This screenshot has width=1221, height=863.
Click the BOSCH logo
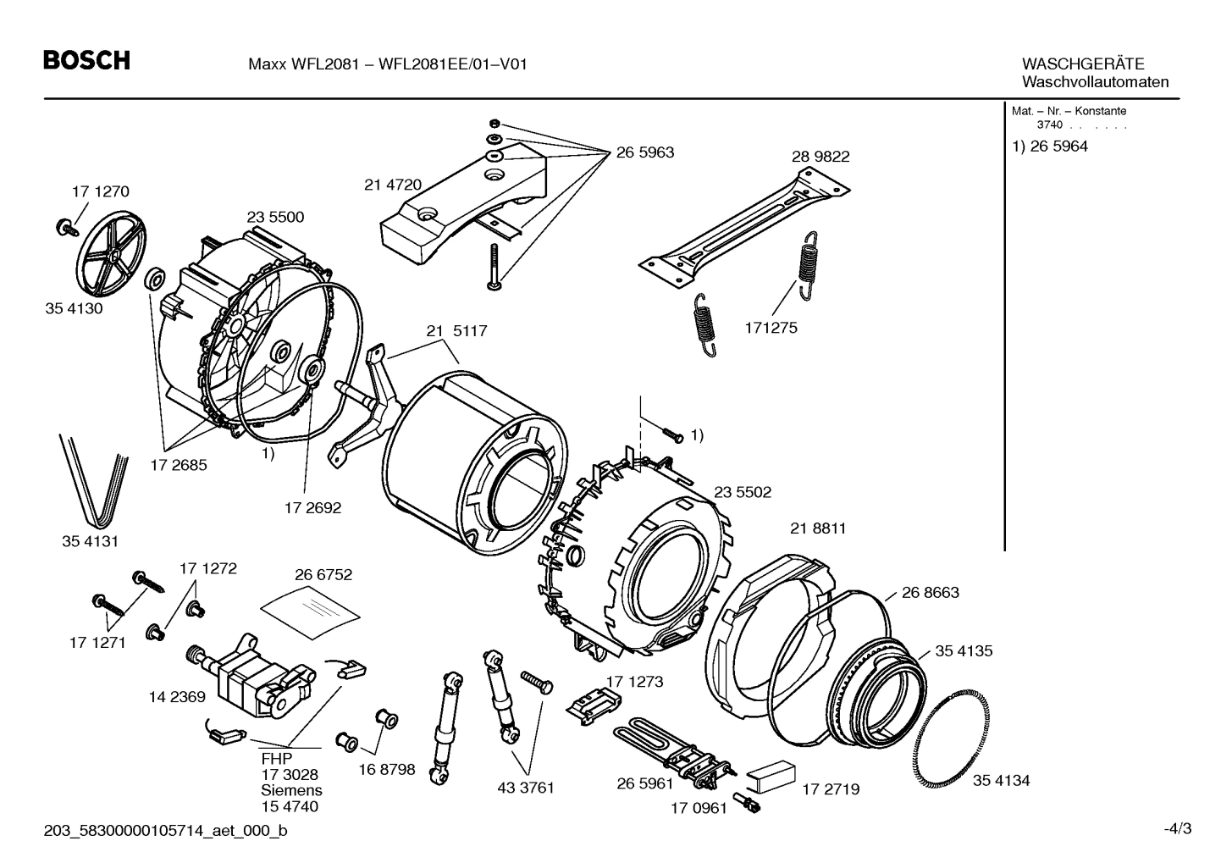point(86,61)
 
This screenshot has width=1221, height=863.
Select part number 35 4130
point(74,308)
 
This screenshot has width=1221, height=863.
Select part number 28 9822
point(820,157)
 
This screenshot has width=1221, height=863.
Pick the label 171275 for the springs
point(771,328)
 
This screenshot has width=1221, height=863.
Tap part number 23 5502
point(743,492)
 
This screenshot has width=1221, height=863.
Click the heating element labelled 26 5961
point(669,745)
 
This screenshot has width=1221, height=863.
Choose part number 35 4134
point(1001,780)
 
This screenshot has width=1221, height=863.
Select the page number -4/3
point(1177,828)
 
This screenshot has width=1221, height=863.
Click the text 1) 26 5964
point(1050,146)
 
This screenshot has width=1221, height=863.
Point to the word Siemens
point(290,790)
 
